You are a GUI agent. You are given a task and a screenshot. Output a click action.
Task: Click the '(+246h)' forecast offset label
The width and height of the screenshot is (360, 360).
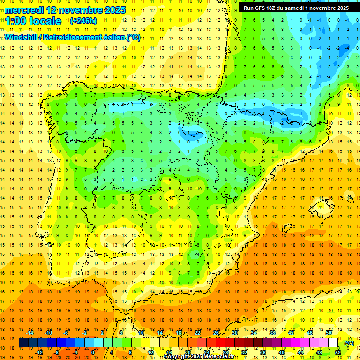tap(83, 21)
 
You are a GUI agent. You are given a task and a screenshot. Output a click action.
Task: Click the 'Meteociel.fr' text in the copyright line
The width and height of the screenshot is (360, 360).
tap(220, 357)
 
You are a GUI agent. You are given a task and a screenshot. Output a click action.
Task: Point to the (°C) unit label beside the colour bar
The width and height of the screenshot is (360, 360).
tap(349, 343)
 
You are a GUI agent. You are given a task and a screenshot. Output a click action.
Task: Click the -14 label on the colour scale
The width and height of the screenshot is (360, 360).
tap(30, 333)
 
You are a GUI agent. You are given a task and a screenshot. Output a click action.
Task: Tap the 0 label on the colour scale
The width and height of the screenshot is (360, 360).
tap(92, 352)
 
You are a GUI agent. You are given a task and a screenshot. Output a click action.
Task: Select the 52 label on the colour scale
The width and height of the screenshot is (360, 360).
tap(337, 352)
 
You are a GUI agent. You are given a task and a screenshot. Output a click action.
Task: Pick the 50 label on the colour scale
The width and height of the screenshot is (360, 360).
tap(329, 333)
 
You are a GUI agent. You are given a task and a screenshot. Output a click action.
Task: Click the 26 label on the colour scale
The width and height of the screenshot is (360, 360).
tap(216, 333)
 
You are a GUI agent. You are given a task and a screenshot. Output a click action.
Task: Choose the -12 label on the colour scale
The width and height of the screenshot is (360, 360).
tap(39, 352)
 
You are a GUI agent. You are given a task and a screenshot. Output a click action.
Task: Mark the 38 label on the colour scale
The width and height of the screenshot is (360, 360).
tap(272, 333)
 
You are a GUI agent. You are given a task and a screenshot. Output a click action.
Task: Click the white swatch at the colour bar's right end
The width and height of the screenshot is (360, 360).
tap(333, 343)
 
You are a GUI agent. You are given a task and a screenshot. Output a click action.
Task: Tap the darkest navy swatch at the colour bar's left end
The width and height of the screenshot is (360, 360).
tap(23, 343)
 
